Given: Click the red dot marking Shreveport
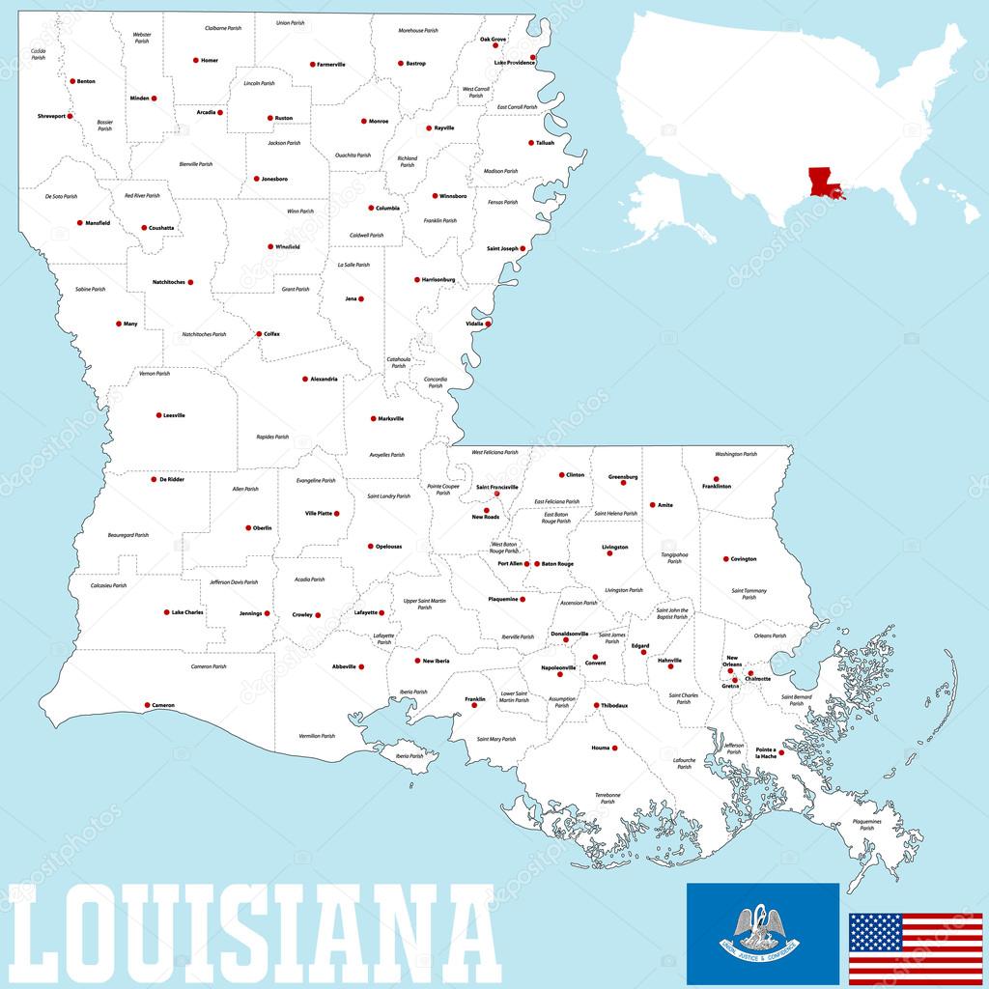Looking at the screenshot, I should (70, 116).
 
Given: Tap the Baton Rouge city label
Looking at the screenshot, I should (557, 564).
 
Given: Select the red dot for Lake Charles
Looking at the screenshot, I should (167, 612).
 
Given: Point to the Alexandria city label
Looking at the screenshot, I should (325, 380).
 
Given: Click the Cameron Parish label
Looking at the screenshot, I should (208, 666).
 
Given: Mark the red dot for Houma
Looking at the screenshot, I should (614, 748).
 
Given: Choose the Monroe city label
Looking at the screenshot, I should (378, 122).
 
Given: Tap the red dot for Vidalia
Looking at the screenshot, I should (488, 324).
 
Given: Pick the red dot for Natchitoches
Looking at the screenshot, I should (190, 282).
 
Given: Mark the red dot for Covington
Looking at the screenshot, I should (725, 559).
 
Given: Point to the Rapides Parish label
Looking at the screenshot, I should (272, 437).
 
